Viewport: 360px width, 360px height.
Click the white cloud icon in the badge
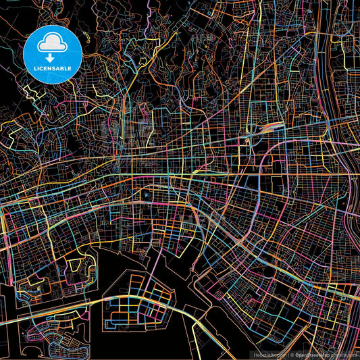click(x=52, y=44)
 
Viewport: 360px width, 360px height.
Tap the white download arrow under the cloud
click(x=52, y=59)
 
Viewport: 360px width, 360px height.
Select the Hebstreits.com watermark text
click(x=269, y=355)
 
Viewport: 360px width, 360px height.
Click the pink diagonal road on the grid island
click(x=155, y=297)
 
